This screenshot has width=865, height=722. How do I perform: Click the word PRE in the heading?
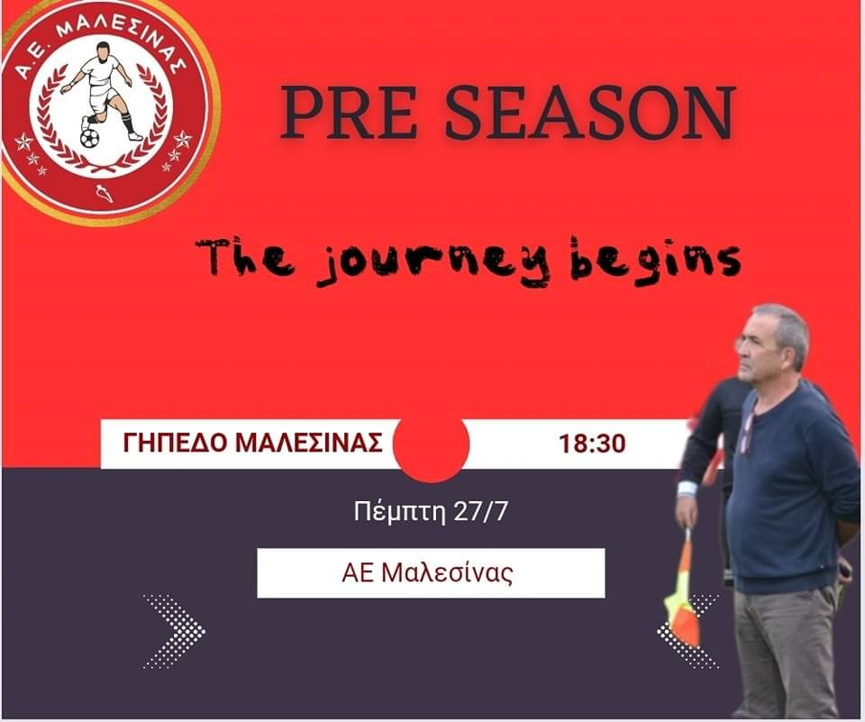pyautogui.click(x=349, y=112)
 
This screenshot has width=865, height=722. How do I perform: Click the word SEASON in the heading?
pyautogui.click(x=589, y=112)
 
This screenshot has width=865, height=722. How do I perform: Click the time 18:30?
pyautogui.click(x=593, y=443)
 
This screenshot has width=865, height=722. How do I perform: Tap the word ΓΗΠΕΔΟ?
pyautogui.click(x=176, y=443)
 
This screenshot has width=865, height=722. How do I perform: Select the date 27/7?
pyautogui.click(x=480, y=512)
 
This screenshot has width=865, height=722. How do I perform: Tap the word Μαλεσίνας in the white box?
pyautogui.click(x=447, y=573)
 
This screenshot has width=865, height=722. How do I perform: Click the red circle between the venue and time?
pyautogui.click(x=431, y=445)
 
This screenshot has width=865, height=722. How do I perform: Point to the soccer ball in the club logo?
pyautogui.click(x=89, y=138)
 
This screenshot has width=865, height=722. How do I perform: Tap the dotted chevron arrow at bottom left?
pyautogui.click(x=174, y=632)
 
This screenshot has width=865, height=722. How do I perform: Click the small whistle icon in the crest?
pyautogui.click(x=104, y=193)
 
